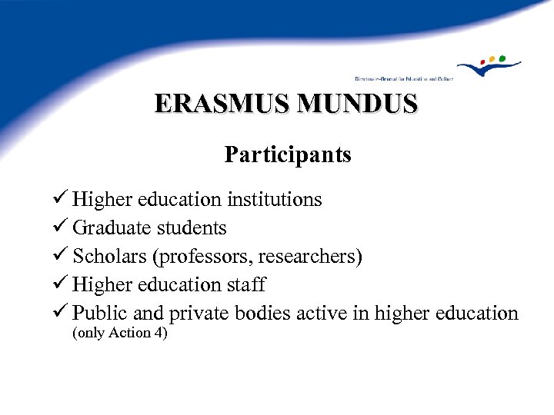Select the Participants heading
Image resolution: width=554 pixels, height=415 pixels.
[288, 154]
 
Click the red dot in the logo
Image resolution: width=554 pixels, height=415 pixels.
[482, 61]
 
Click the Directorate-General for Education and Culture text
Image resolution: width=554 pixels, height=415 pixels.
[403, 78]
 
